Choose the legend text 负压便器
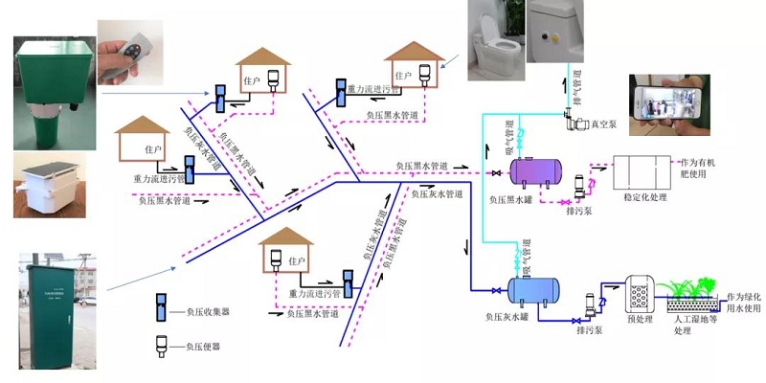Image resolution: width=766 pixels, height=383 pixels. click(207, 346)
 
